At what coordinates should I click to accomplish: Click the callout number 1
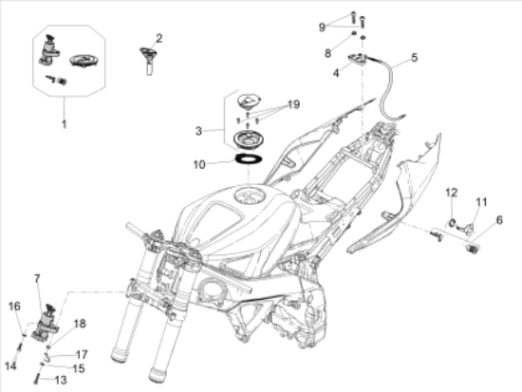[x=64, y=124]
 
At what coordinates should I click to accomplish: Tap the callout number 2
[x=159, y=39]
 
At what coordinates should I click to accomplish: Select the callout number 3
[x=198, y=131]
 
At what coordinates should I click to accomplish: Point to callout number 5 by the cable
[x=414, y=57]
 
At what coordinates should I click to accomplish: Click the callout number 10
[x=199, y=164]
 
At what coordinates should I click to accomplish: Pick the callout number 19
[x=293, y=104]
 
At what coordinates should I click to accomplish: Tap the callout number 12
[x=452, y=193]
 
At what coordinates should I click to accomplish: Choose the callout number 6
[x=499, y=220]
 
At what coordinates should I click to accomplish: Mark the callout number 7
[x=37, y=279]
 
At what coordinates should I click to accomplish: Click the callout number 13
[x=61, y=380]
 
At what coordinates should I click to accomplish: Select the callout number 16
[x=14, y=307]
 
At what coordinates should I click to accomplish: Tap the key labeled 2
[x=148, y=60]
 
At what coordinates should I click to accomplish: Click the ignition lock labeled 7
[x=46, y=322]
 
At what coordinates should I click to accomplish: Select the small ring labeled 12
[x=452, y=223]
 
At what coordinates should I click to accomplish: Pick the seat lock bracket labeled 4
[x=357, y=59]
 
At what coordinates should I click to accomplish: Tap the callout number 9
[x=322, y=27]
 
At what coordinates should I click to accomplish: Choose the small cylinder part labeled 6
[x=471, y=249]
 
